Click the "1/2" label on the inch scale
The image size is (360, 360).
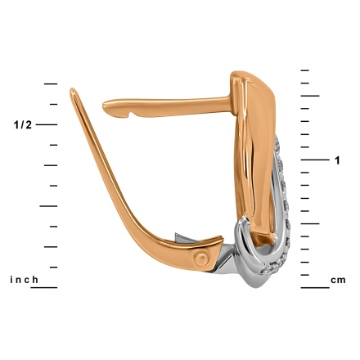[23, 125]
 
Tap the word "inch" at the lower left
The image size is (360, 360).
[24, 280]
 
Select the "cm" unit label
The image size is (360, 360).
[338, 280]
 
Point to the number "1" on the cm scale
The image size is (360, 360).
[338, 160]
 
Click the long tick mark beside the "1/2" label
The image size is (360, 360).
[47, 124]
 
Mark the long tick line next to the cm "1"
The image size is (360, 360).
[315, 160]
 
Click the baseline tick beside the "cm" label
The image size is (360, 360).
[315, 287]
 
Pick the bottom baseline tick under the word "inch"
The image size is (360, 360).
[44, 287]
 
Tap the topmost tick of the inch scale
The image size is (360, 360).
[51, 83]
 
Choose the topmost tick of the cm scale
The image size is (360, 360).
[305, 70]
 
